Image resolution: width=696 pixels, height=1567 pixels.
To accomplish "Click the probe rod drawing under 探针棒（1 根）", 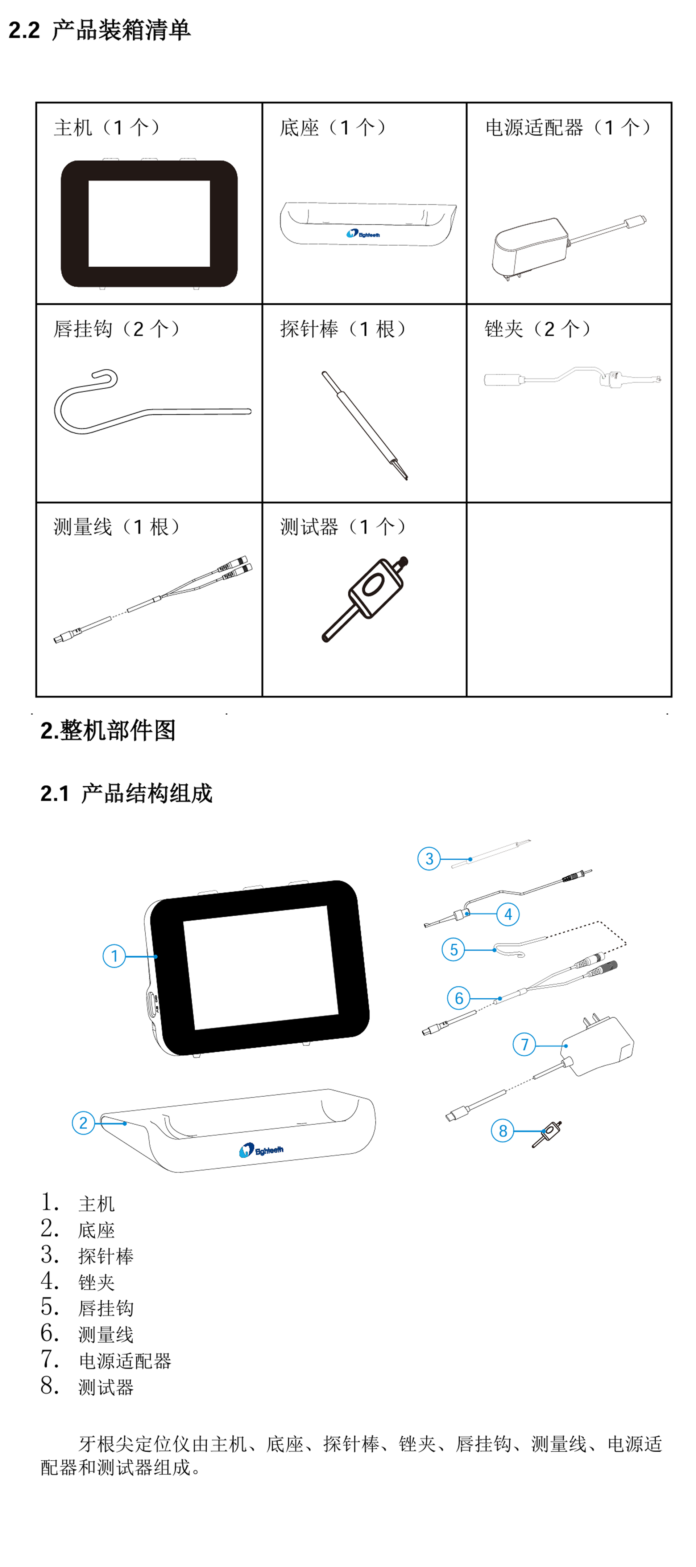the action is point(365,425).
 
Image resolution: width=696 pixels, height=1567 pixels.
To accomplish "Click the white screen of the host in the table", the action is point(149,223).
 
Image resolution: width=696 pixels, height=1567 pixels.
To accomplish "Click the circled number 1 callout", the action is point(114,956).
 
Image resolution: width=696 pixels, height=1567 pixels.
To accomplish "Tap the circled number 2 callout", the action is point(83,1122).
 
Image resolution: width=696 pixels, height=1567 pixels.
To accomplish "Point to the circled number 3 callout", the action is point(429,858).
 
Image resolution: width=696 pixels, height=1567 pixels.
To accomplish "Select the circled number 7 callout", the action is point(524,1044).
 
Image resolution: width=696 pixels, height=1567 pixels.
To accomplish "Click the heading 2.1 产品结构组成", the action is point(127,793).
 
